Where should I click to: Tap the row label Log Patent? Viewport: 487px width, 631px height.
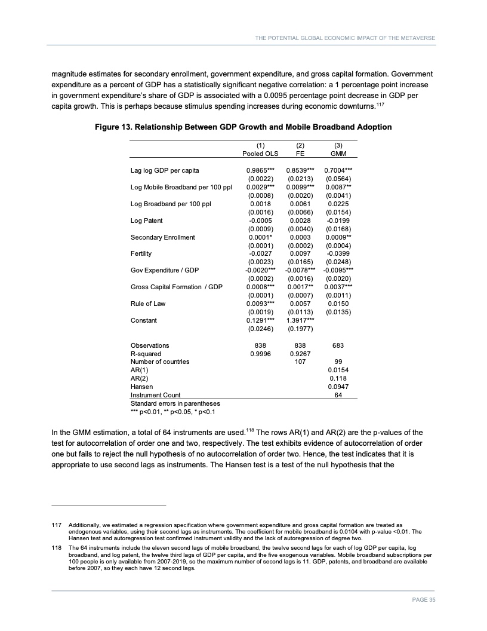pos(146,220)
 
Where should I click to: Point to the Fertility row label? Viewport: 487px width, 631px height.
pos(141,253)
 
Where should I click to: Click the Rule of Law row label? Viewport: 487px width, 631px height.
pos(148,304)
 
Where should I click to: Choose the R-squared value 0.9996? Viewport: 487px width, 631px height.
pos(260,353)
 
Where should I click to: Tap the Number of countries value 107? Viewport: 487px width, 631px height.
pos(300,362)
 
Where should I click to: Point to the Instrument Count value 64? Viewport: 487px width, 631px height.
pos(339,395)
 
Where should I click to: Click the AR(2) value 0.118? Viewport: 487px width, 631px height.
pos(339,378)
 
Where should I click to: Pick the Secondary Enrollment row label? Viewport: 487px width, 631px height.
pos(162,237)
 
